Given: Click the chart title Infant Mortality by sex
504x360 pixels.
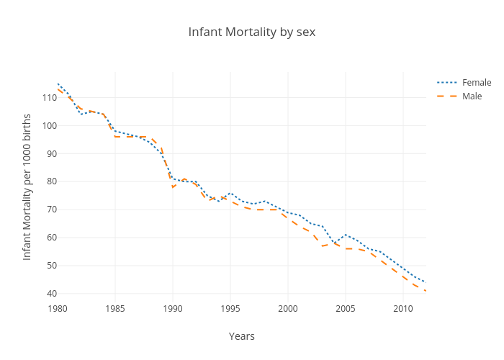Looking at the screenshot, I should point(252,32).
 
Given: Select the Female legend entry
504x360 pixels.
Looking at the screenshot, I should point(477,82).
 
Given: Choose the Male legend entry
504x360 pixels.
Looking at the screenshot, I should point(472,96).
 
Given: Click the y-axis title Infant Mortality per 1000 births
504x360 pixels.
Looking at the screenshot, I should point(27,186).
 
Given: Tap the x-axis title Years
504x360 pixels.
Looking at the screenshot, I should point(242,336).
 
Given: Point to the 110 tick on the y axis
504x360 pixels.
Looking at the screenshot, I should point(49,98).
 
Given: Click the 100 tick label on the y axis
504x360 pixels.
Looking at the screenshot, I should point(49,126).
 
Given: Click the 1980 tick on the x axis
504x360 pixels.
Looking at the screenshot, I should point(58,309).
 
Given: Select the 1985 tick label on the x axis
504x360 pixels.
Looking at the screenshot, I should point(115,309).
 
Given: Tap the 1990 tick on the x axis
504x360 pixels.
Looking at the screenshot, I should point(173,309).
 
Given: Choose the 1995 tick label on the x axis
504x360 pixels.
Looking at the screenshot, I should point(230,309).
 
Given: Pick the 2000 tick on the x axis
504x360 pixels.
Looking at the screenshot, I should point(288,309).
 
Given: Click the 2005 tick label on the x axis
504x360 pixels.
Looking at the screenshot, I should point(346,309).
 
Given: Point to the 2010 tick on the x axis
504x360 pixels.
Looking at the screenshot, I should point(403,309).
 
